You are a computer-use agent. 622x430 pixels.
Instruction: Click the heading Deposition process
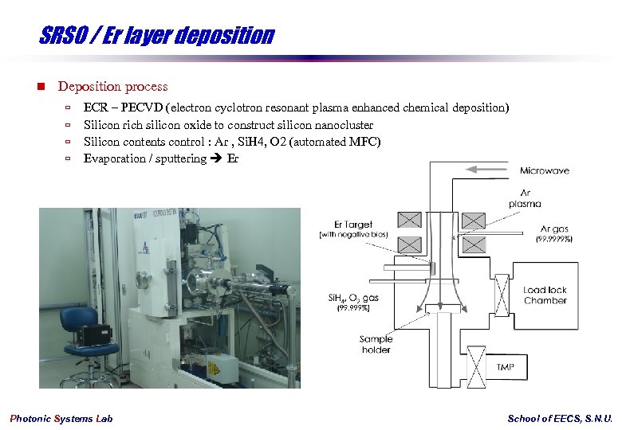tap(112, 86)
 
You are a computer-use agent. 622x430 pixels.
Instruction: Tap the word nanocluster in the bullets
tap(342, 124)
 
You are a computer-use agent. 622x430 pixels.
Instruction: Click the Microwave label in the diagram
tap(545, 170)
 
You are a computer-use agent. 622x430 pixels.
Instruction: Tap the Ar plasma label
tap(524, 198)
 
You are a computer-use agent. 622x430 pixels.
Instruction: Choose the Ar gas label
tap(555, 229)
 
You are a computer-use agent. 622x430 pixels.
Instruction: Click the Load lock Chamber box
tap(545, 295)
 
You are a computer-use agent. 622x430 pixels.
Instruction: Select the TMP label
tap(506, 367)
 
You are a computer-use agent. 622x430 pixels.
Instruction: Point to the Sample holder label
tap(376, 344)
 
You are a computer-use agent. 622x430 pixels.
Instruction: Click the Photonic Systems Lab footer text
tap(61, 419)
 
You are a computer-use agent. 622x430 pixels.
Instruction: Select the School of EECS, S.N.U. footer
tap(560, 419)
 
